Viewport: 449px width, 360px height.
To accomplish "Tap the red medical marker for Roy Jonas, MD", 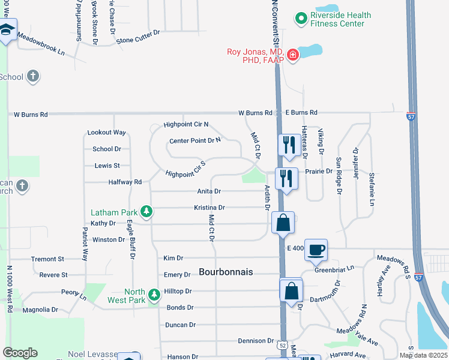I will [293, 56].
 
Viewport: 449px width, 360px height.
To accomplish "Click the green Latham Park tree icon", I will [146, 211].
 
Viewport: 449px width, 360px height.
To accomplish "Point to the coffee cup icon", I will [316, 249].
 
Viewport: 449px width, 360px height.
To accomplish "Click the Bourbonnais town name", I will [226, 272].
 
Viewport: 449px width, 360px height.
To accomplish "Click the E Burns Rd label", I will [301, 112].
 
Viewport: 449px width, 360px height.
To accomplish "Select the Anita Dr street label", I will [209, 191].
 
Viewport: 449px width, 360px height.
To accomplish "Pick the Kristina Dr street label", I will [209, 208].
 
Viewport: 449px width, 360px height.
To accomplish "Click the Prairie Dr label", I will [318, 171].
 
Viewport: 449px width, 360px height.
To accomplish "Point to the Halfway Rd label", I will [125, 182].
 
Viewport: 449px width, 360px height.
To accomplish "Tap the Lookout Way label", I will [107, 132].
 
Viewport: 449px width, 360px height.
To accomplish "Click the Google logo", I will [20, 353].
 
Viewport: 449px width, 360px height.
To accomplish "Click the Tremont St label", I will [47, 259].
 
